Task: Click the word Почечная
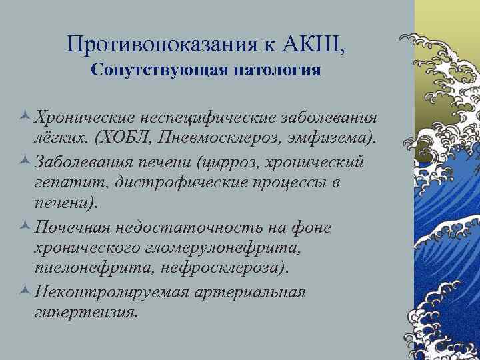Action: click(x=71, y=227)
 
